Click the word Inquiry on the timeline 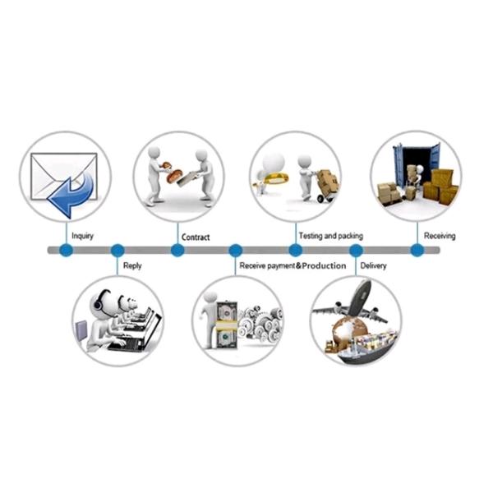(x=82, y=236)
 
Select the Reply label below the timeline (x=131, y=266)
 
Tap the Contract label (x=196, y=237)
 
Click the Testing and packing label (x=330, y=236)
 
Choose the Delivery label (x=374, y=266)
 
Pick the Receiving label (x=440, y=236)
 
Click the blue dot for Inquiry (x=66, y=250)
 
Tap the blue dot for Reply (x=117, y=250)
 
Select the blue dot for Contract (x=177, y=250)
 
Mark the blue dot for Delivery (x=356, y=250)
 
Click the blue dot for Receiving (x=417, y=250)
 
